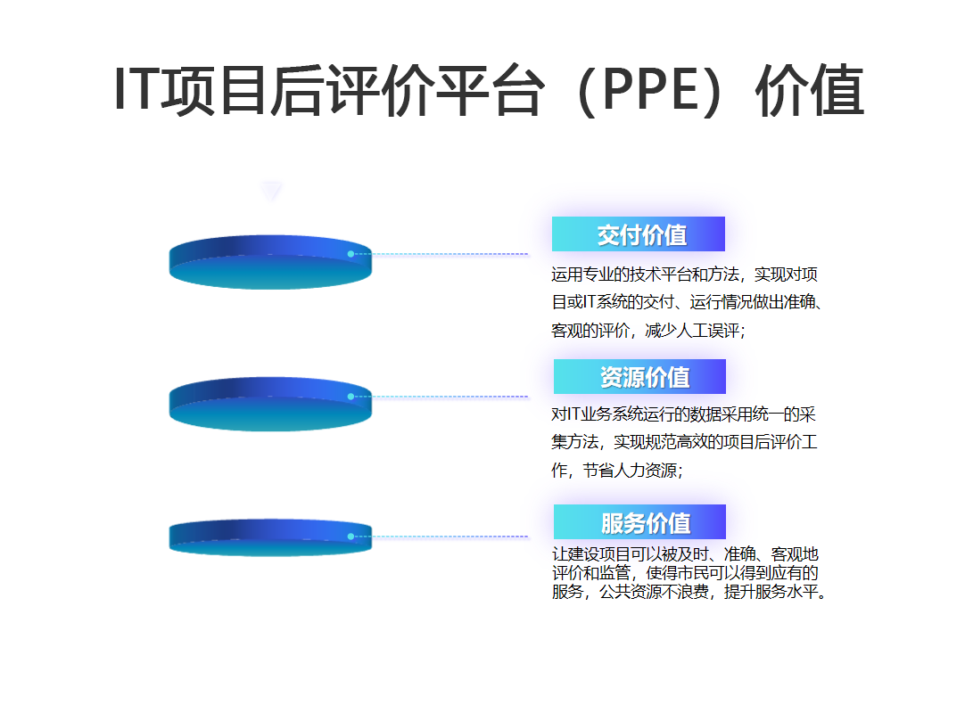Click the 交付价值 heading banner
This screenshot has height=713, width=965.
click(639, 234)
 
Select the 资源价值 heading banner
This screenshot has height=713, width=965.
click(639, 376)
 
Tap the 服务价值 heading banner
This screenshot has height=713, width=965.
click(639, 521)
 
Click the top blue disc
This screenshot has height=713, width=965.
click(271, 262)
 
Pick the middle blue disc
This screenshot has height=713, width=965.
click(271, 404)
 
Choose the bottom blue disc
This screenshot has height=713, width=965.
click(271, 537)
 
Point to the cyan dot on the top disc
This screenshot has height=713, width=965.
click(351, 254)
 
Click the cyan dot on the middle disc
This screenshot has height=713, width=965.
click(351, 397)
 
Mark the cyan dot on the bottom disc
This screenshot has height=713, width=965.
click(351, 537)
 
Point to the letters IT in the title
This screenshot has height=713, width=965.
click(137, 90)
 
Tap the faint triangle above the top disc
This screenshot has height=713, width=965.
click(271, 191)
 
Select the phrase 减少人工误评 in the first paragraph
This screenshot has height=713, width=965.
click(692, 331)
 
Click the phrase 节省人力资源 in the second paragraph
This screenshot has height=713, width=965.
click(631, 471)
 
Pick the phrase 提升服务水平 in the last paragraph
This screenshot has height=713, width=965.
click(771, 592)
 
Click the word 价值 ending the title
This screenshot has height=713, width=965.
click(810, 90)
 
